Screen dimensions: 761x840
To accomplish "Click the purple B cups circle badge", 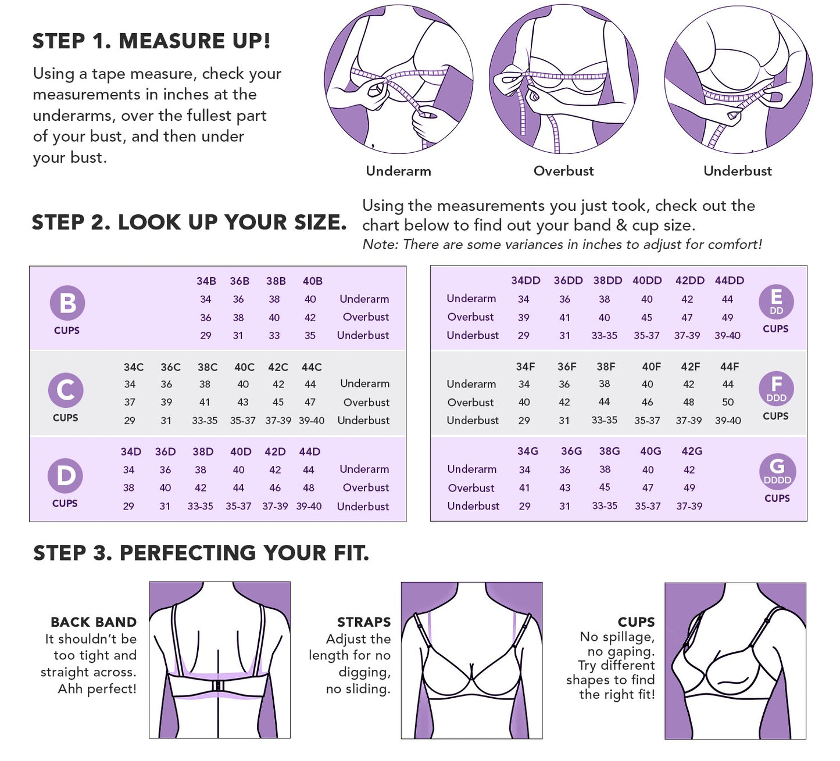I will (67, 303).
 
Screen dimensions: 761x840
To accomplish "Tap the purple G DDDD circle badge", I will (777, 471).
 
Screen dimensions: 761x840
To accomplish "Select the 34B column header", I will (206, 281).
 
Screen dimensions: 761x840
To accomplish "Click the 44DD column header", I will (729, 281).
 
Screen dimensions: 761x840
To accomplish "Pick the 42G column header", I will (691, 451).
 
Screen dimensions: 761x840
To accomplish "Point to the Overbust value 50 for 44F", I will (727, 402).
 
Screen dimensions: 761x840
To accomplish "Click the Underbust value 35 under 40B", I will (310, 336).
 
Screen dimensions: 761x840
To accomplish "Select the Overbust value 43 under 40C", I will (242, 402).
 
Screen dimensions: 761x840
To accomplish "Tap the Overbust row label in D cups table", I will (366, 488).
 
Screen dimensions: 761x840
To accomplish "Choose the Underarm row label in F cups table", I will (471, 384).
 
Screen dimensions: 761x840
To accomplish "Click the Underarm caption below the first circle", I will (398, 171).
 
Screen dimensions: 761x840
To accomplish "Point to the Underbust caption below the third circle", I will (737, 171).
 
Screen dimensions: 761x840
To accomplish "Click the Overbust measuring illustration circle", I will (563, 80).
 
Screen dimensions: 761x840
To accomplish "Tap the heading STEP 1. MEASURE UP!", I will (151, 41).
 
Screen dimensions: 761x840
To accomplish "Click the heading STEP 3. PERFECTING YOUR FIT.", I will (201, 553).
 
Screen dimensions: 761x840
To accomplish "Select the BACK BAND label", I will (94, 622).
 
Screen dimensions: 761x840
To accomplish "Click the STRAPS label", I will (364, 622).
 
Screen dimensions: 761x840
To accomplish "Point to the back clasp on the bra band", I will (219, 686).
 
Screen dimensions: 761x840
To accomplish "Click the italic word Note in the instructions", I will (379, 245).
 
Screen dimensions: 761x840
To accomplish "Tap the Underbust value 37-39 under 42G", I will (689, 507).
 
